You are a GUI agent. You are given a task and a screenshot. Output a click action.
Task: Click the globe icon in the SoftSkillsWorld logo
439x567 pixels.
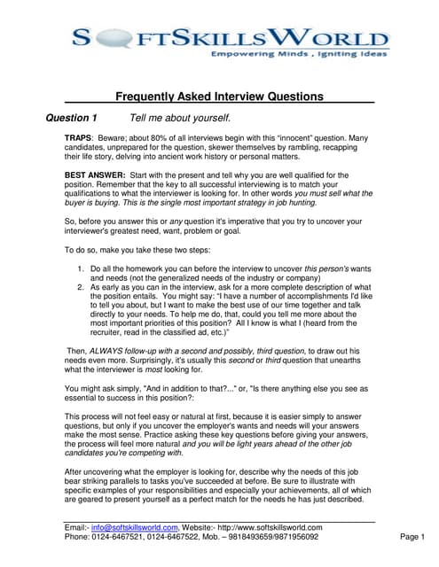click(x=97, y=38)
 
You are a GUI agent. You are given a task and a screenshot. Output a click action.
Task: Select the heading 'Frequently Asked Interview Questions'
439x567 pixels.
click(x=219, y=97)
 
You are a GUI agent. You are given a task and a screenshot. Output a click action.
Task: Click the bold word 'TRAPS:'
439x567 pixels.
click(x=82, y=140)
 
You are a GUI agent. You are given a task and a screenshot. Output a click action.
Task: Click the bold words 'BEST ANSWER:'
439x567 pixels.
click(x=95, y=175)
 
